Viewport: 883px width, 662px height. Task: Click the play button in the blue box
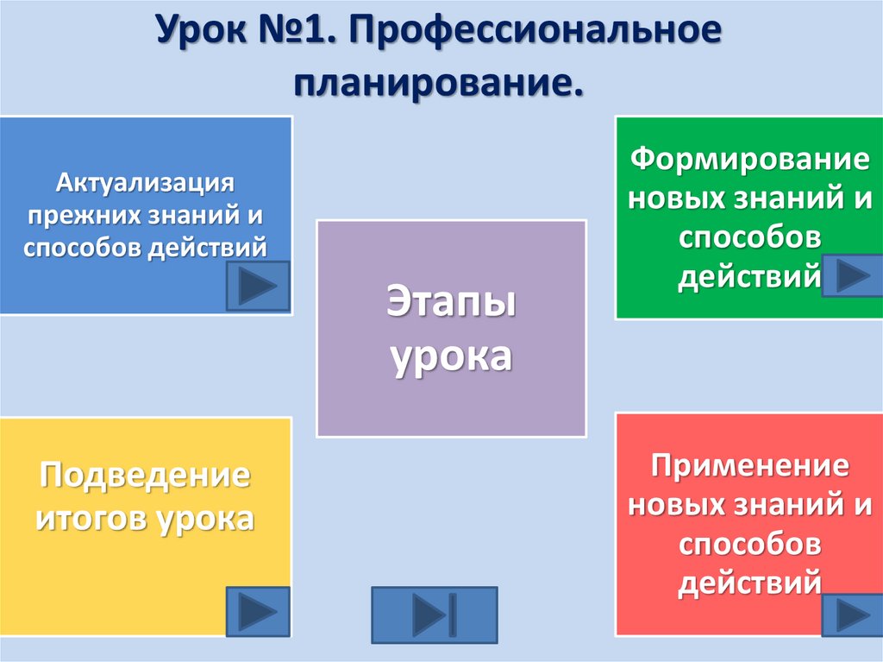coord(257,286)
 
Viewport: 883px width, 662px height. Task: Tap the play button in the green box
coord(852,275)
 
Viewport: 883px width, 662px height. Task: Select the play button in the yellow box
coord(257,612)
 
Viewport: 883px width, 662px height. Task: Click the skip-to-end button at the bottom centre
coord(434,615)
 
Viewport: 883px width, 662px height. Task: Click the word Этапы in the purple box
coord(451,304)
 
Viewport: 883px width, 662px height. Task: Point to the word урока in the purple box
coord(451,354)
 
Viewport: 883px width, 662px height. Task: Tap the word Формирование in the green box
coord(748,161)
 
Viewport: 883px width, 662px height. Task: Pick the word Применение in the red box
coord(749,467)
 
